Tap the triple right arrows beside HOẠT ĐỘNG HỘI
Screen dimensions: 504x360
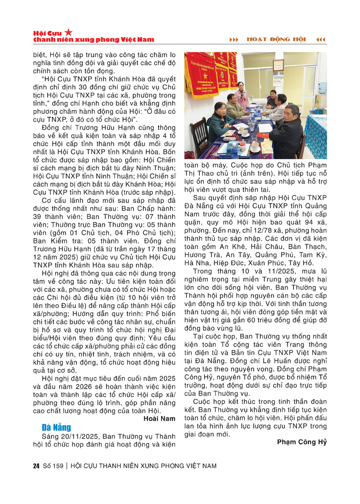pos(234,39)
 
